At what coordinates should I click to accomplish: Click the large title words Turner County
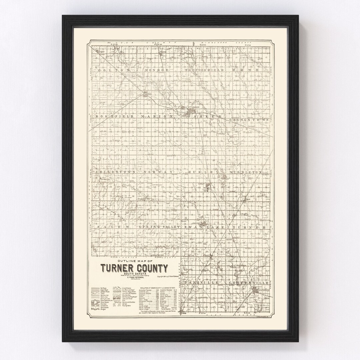135,268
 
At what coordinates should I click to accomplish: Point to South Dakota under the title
135,274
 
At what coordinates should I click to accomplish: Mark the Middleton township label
246,172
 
